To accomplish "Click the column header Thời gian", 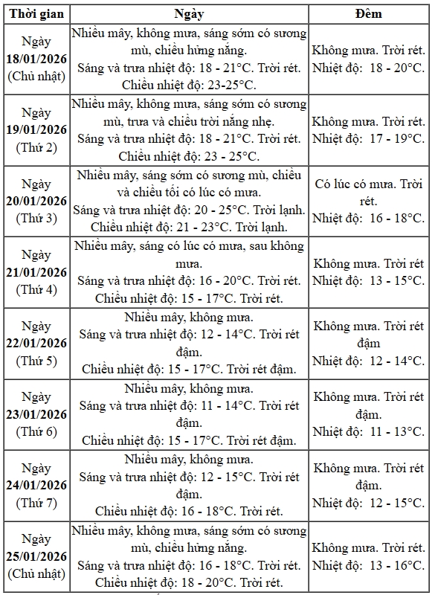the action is [x=35, y=14].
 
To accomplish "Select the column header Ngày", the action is [x=189, y=14].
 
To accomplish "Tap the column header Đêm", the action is [x=368, y=14].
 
